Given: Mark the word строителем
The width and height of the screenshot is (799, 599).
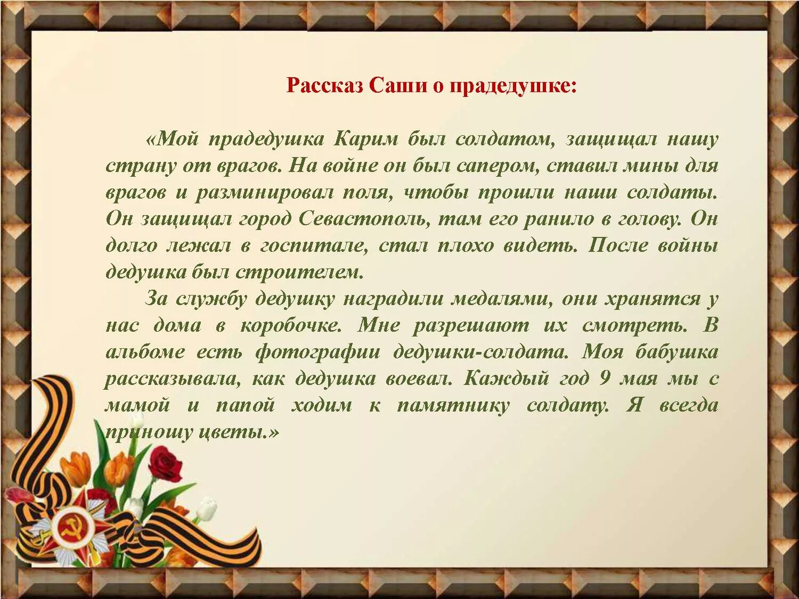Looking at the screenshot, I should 299,273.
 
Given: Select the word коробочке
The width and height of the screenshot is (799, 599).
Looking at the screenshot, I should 291,326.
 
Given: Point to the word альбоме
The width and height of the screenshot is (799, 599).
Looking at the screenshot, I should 145,352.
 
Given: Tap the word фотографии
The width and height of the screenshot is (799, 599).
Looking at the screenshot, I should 318,352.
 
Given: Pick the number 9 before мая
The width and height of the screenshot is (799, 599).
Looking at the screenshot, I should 604,379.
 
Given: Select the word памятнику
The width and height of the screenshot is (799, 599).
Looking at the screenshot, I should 453,406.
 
